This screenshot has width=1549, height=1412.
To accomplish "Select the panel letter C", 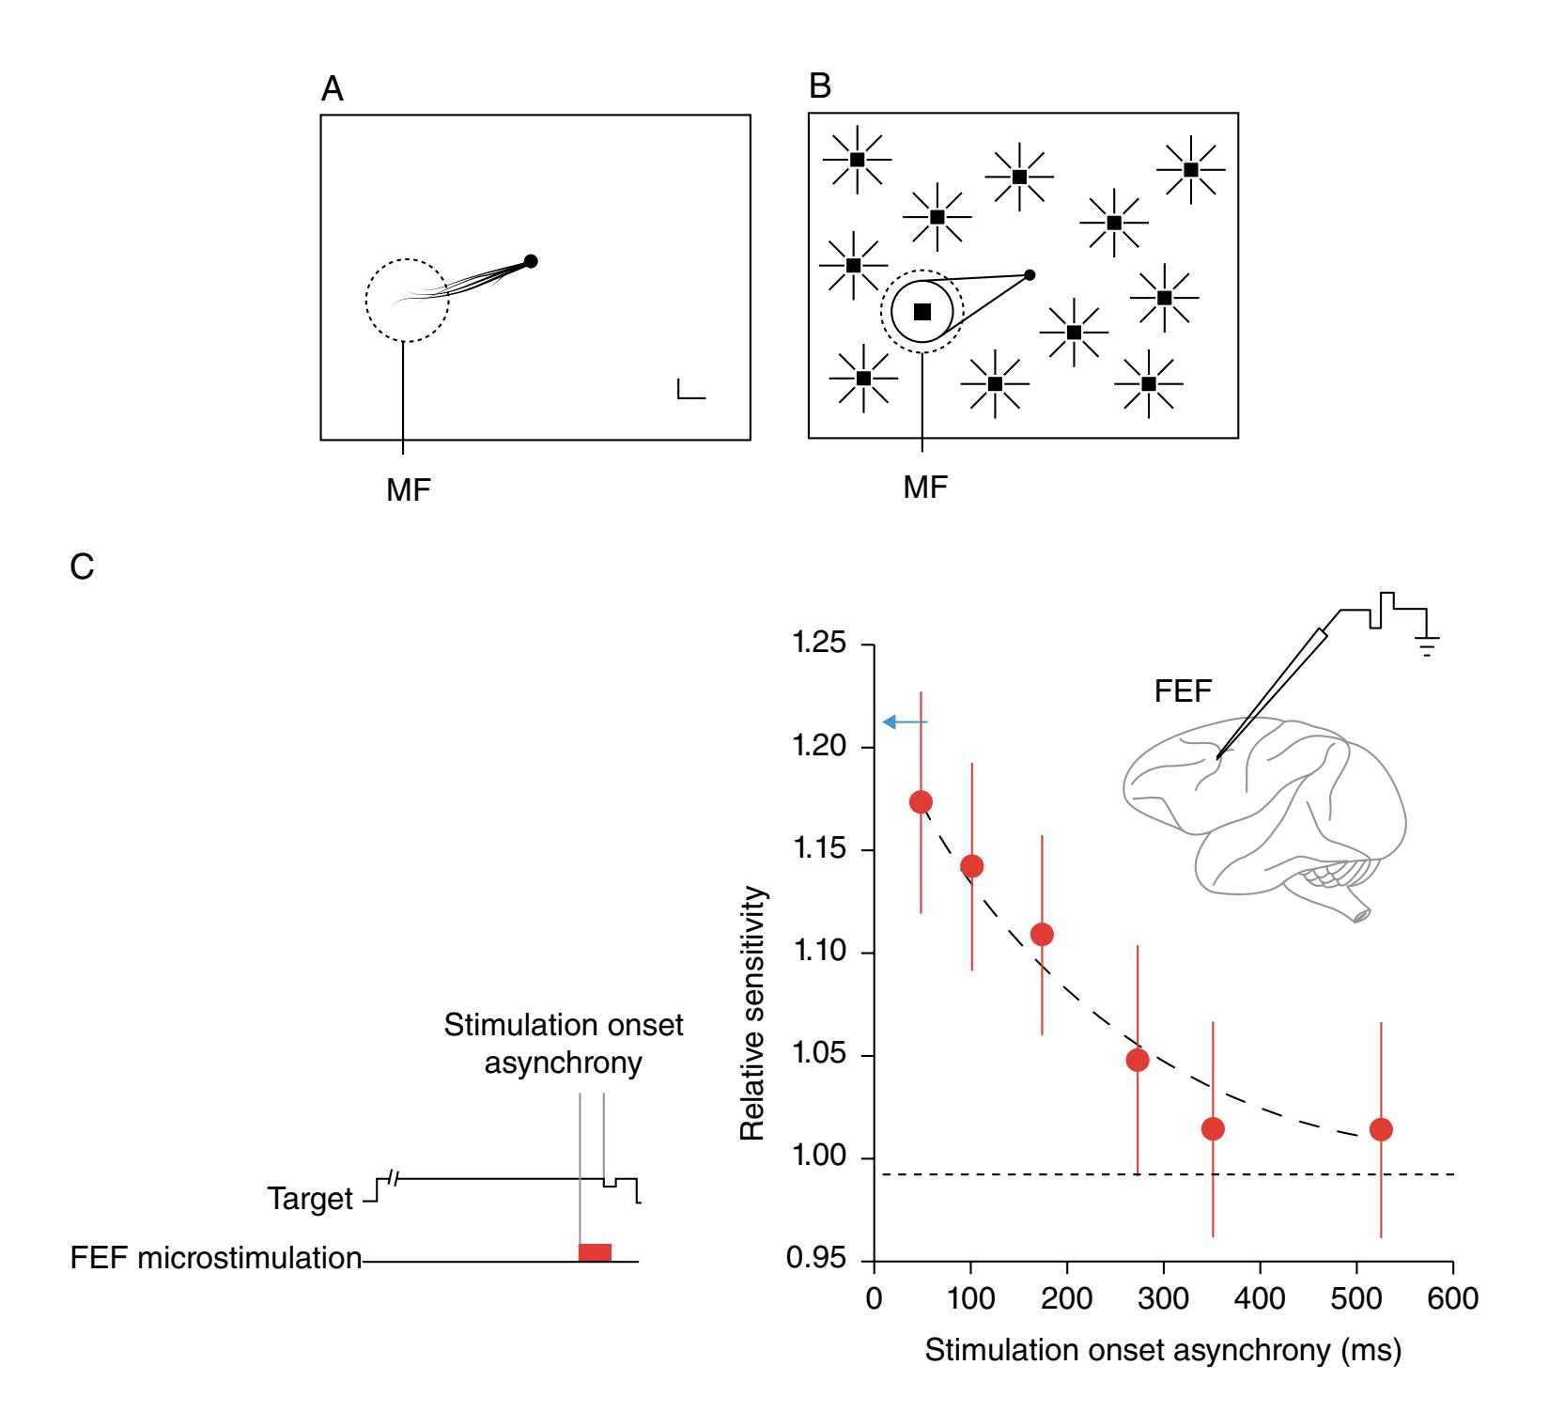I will click(x=83, y=568).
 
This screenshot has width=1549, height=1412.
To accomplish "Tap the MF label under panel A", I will click(x=409, y=489).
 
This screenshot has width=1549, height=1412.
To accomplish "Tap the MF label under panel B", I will click(x=925, y=488).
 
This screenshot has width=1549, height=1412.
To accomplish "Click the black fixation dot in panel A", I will click(x=531, y=261).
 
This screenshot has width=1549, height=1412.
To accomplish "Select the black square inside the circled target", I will click(x=922, y=312).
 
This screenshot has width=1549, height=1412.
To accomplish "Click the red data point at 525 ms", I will click(x=1381, y=1128).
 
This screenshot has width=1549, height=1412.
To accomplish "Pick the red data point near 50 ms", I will click(x=921, y=801).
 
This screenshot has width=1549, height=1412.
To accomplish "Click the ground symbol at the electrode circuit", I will click(x=1427, y=646).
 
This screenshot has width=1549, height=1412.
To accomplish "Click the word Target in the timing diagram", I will click(x=310, y=1200).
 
